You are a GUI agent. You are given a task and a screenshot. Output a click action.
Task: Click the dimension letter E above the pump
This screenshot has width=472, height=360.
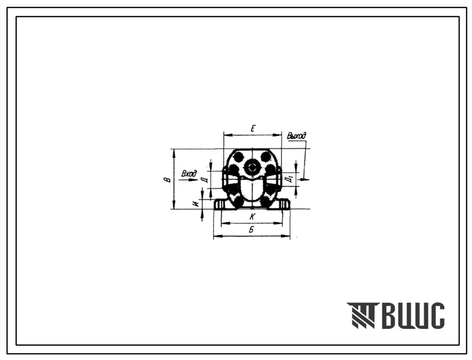coord(253,129)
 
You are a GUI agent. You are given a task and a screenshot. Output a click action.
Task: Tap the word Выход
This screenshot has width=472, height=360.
coord(297,136)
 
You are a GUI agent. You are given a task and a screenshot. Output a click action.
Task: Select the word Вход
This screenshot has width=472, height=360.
coord(189,174)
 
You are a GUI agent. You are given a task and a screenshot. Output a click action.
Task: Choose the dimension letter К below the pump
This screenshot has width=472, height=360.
coord(252,216)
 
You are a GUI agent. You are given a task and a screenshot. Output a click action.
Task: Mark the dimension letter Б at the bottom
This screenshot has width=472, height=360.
coord(251,230)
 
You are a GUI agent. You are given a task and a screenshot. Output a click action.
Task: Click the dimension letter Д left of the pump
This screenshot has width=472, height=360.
coord(205,180)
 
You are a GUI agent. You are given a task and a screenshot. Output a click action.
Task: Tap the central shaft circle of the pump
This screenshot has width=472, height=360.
coord(252,167)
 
